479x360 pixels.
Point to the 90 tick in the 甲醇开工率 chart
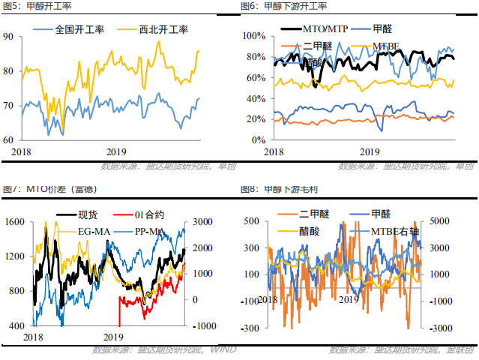8,36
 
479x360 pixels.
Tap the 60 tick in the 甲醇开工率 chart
8,139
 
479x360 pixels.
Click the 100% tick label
253,36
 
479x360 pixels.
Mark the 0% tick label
258,139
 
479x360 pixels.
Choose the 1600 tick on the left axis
14,222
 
